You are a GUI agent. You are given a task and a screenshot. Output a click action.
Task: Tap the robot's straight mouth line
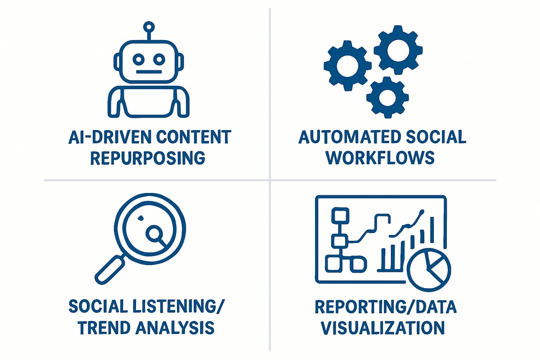(148, 72)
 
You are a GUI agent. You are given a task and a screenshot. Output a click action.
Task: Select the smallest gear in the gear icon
(387, 97)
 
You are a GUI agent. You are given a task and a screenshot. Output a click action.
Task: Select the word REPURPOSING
(148, 157)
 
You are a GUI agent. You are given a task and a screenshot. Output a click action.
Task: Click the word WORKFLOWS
(380, 157)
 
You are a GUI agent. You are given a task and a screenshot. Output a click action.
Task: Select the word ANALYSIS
(180, 328)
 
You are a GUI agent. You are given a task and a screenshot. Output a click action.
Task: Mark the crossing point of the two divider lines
(270, 180)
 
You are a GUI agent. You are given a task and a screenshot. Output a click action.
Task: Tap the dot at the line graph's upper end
(422, 211)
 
